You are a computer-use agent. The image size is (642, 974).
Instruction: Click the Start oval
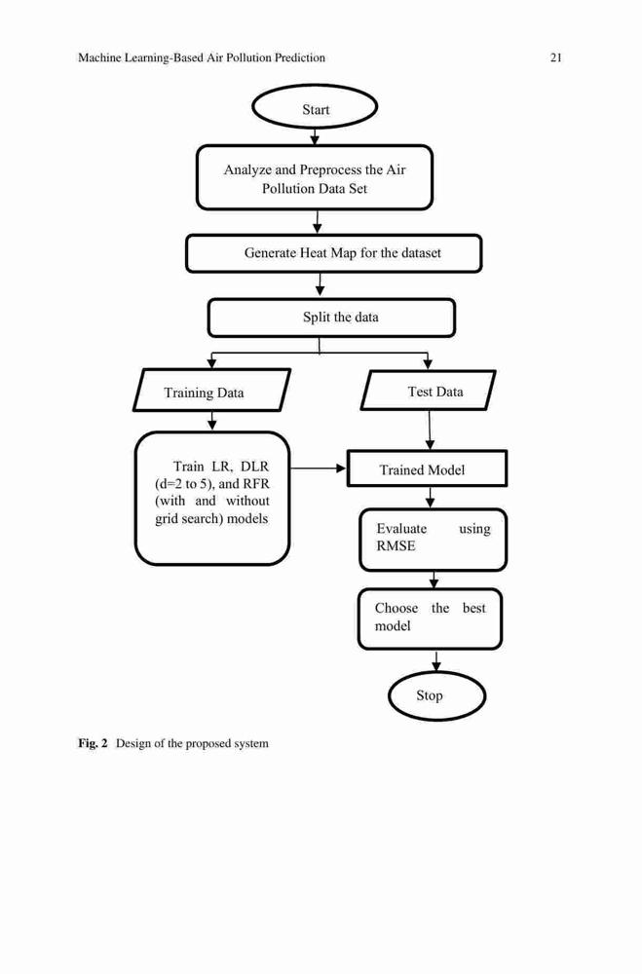315,107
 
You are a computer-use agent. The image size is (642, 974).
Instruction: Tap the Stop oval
436,695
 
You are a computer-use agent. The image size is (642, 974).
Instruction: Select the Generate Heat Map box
334,253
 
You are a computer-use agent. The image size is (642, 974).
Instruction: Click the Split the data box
331,318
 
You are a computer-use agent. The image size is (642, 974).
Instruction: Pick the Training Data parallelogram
211,391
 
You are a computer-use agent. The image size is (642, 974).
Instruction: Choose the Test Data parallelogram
429,391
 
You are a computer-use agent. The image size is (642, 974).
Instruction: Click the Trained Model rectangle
427,468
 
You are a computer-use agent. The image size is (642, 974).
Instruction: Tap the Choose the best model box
430,619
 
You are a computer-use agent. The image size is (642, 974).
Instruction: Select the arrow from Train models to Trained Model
318,468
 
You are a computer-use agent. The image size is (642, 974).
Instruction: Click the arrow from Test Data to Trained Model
430,430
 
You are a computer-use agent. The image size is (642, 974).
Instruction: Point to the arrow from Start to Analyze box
315,136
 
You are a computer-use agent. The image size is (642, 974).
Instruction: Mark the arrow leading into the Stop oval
436,661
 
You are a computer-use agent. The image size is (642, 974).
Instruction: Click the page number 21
556,57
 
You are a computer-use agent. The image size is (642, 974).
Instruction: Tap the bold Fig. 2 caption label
93,743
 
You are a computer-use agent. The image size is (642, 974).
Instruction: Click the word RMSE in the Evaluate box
396,546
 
